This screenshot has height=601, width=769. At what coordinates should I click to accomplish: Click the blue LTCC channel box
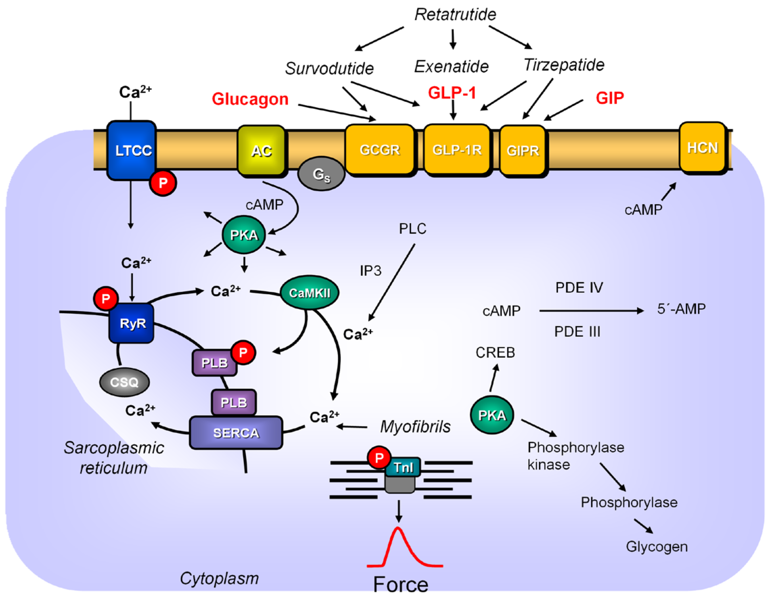coord(132,150)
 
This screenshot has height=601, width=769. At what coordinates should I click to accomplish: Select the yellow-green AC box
coord(261,151)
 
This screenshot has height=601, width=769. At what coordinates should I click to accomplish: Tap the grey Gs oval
coord(321,174)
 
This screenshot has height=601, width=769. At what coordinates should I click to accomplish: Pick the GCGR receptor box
coord(379,150)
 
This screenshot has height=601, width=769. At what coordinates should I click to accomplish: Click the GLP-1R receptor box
coord(457,150)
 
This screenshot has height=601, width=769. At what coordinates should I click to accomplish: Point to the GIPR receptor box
coord(523,151)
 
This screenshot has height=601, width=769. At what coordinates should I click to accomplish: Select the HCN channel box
coord(702,148)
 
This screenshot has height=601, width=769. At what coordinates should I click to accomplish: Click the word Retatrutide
coord(455,15)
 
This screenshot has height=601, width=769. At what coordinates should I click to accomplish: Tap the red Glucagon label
coord(250,99)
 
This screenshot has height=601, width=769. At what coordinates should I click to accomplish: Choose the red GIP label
coord(610,97)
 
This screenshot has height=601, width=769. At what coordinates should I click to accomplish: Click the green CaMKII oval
coord(309,293)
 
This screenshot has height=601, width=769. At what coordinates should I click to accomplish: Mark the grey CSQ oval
coord(124,382)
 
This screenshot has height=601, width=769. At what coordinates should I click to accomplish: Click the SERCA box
coord(236,433)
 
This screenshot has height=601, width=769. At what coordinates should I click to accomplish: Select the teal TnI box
coord(403,467)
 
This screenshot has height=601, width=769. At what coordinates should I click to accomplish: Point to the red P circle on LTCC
coord(163,183)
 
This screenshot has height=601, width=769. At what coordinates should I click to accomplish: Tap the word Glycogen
coord(656,547)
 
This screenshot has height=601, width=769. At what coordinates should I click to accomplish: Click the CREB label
coord(495,352)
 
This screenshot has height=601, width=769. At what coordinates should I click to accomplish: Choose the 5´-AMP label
coord(681,309)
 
